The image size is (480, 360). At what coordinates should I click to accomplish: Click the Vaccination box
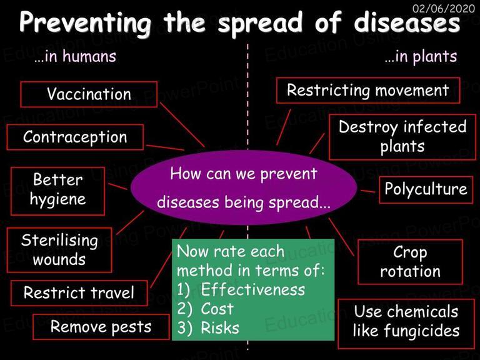[89, 94]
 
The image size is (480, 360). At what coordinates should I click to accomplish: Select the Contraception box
[75, 137]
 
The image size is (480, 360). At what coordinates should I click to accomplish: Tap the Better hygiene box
[57, 191]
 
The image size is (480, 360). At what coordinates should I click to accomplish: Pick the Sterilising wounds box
[59, 250]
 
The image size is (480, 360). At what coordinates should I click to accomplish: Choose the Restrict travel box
[79, 293]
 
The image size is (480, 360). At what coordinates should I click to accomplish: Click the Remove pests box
[101, 327]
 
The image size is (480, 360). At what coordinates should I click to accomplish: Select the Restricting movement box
[368, 90]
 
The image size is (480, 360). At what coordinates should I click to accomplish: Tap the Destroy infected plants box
[402, 137]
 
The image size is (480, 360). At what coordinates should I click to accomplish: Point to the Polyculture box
[426, 189]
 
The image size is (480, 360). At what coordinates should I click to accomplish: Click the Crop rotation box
[410, 262]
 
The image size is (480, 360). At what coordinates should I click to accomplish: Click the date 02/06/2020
[444, 8]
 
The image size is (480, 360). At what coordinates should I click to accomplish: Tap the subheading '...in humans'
[75, 56]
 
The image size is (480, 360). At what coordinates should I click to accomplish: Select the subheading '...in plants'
[421, 57]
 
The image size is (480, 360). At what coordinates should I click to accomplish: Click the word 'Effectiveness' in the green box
[253, 289]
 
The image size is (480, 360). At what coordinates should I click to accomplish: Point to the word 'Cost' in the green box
[217, 309]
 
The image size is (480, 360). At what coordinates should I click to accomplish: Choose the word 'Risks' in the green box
[220, 328]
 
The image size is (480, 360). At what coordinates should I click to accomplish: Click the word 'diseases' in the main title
[407, 23]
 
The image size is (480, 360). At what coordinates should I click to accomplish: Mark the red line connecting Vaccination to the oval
[182, 125]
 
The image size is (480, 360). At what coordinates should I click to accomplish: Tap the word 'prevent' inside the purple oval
[289, 175]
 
